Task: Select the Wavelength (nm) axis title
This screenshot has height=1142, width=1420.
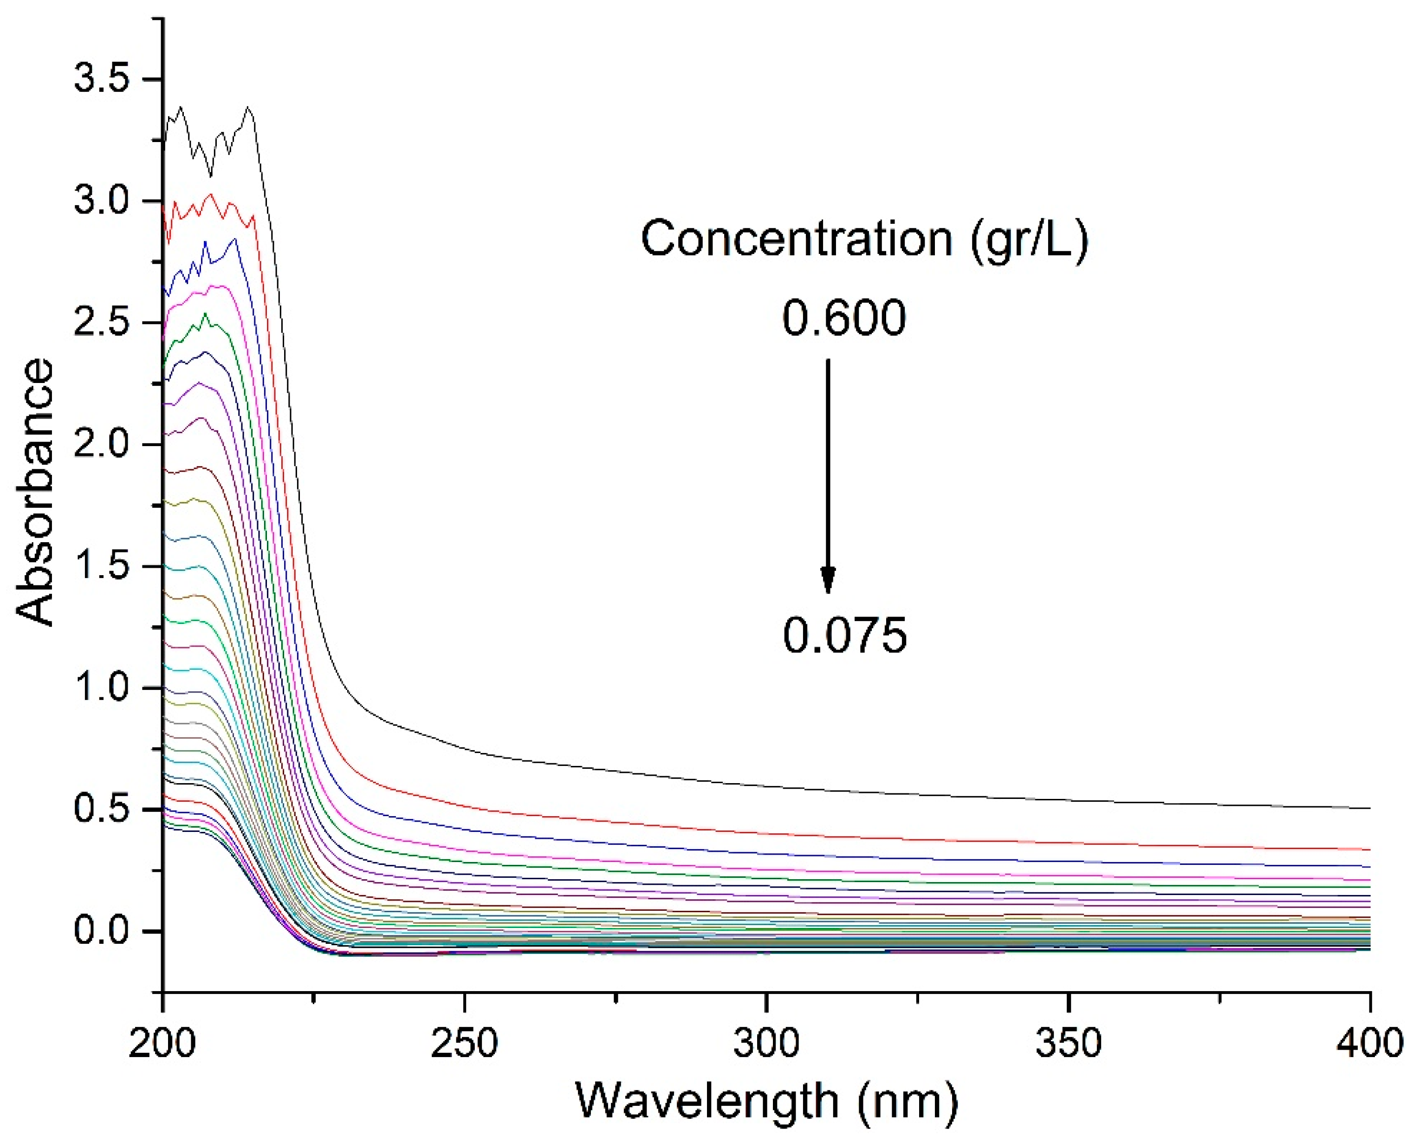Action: tap(767, 1102)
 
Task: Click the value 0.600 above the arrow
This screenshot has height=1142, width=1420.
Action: tap(844, 318)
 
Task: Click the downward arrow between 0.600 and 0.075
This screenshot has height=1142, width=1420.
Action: tap(828, 474)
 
